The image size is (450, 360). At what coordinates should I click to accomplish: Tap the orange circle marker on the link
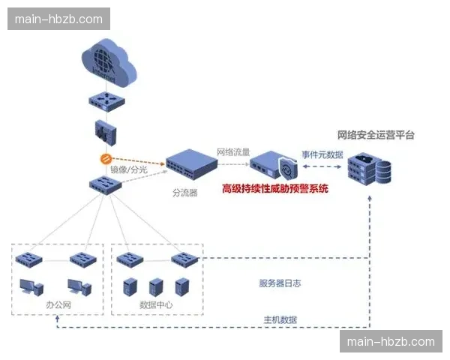coord(106,159)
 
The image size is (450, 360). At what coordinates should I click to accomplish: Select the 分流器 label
coord(184,193)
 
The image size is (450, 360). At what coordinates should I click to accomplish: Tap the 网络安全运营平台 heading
coord(376,135)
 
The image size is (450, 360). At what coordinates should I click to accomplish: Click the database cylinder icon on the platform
coord(382,172)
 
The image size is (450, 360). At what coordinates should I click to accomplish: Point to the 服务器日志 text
coord(280,283)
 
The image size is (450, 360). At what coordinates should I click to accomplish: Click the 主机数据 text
coord(280,319)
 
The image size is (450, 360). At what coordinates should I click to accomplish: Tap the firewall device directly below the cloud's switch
coord(106,132)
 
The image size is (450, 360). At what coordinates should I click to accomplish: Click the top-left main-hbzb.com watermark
coord(59,19)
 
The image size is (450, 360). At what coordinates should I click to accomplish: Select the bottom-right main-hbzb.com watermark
coord(390,342)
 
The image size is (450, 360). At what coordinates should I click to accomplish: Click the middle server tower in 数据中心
coord(155,286)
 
